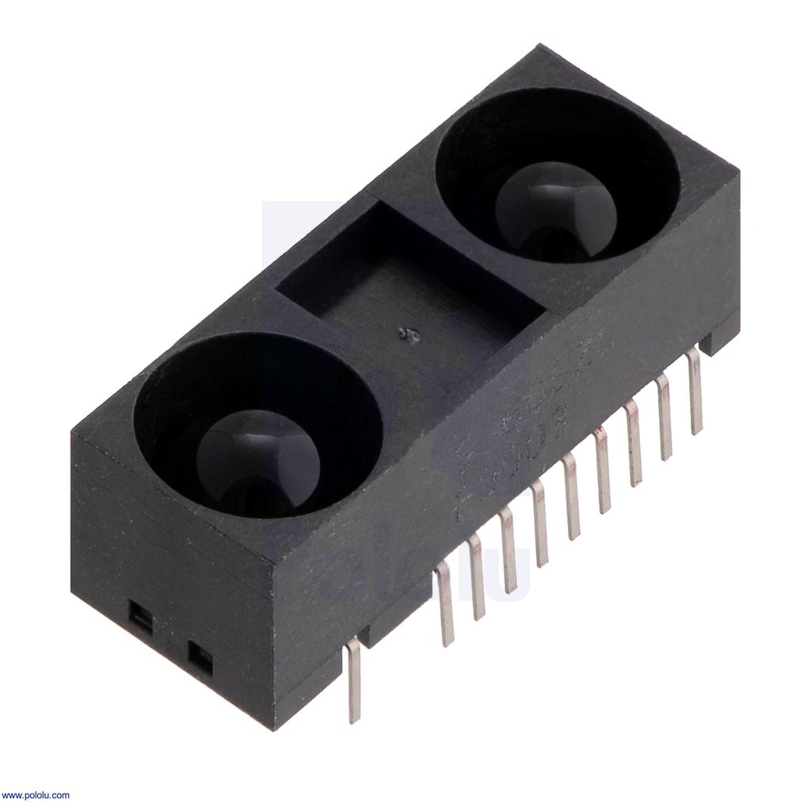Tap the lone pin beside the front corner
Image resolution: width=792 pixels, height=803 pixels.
(353, 681)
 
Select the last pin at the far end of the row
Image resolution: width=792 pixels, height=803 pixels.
(695, 391)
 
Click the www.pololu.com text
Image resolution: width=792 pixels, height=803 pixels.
(36, 795)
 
